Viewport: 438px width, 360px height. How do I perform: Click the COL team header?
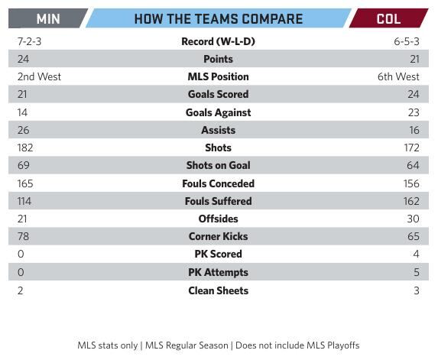[388, 19]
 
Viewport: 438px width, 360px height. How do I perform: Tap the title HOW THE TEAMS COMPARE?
[218, 19]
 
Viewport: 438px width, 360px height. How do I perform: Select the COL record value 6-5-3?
[407, 41]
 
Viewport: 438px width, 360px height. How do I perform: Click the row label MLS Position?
[218, 76]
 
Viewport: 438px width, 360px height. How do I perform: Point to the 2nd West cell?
[39, 76]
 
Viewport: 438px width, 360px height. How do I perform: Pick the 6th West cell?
[399, 76]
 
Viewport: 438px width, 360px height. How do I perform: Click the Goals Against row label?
[218, 112]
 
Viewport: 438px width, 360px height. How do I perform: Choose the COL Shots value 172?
[411, 148]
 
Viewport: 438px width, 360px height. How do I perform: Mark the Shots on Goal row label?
[218, 165]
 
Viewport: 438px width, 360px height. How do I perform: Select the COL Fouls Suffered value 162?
[411, 201]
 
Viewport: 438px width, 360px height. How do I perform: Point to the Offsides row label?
[218, 219]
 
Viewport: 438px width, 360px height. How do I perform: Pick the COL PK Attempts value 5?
[417, 272]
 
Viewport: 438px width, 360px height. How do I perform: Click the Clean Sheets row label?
[218, 290]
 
